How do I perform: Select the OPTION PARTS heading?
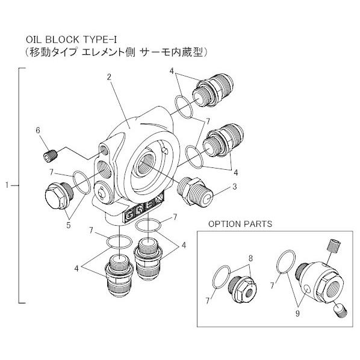click(x=240, y=223)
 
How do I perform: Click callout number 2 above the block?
click(x=109, y=77)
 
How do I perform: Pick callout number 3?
click(x=235, y=187)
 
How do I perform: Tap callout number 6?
click(x=37, y=129)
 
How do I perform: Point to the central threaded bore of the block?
click(x=146, y=163)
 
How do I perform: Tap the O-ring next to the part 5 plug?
click(x=82, y=178)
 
